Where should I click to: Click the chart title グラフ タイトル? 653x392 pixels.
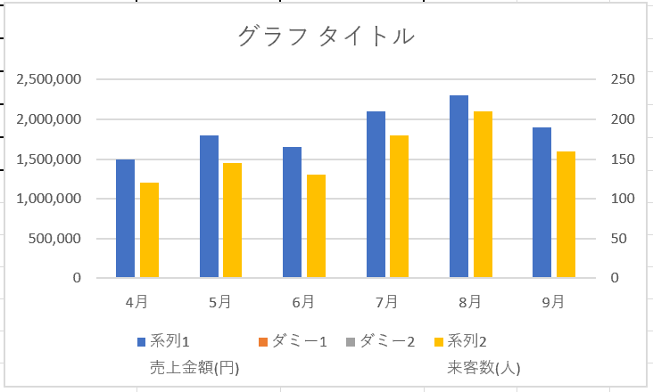326,37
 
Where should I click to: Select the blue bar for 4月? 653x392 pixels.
126,218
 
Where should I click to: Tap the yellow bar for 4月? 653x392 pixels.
149,230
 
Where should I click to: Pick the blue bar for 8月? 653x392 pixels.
459,186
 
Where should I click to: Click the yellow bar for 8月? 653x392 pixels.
483,194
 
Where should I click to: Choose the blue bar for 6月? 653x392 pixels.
292,212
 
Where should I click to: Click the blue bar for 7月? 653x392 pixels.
376,194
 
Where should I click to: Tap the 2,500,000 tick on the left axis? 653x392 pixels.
50,79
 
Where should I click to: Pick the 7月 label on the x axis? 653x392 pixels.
386,302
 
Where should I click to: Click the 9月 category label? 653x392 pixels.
553,302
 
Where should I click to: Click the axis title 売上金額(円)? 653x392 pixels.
194,366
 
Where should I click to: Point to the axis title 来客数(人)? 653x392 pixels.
484,366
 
